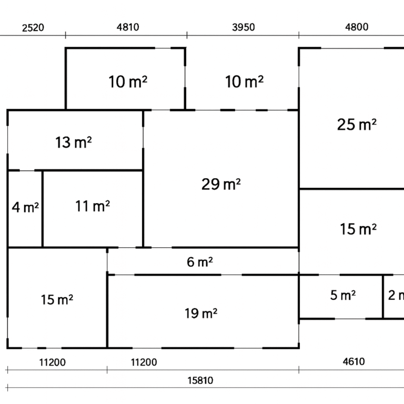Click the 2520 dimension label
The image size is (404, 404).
point(33,28)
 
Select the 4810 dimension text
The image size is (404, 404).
point(128,27)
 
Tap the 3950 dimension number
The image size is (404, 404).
point(244,27)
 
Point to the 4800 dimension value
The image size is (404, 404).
point(357,27)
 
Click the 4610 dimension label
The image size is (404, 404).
point(353,362)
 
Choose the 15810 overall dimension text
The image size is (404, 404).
point(200,380)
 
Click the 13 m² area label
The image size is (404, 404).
point(74,143)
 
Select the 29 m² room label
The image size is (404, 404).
point(221,184)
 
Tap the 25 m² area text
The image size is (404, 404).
point(357,125)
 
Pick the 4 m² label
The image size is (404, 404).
point(25,207)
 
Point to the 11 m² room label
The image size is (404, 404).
point(93,206)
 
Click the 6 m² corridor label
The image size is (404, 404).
point(200,262)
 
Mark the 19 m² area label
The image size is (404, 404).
point(201,314)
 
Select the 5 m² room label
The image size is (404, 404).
point(343,295)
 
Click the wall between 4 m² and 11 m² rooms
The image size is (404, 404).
point(43,209)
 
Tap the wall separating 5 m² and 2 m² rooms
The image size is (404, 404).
point(383,297)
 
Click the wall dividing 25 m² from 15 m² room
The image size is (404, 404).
point(351,189)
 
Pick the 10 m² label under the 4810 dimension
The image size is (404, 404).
point(128,82)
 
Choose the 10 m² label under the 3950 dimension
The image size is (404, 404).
point(244,82)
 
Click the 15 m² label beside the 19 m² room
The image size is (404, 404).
point(57,300)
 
